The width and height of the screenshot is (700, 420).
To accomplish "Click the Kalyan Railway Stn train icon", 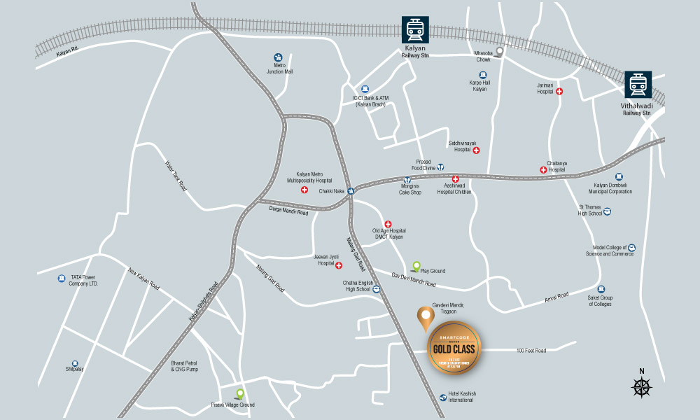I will (x=414, y=31).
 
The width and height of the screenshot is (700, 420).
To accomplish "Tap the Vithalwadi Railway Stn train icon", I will (x=638, y=85).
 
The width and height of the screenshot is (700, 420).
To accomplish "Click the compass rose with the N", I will (x=641, y=386).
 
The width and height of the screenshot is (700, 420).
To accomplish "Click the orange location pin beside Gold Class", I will (x=424, y=318).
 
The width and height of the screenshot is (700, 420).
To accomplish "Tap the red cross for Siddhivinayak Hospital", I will (x=477, y=150).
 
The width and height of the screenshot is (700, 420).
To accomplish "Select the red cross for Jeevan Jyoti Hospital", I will (x=339, y=266).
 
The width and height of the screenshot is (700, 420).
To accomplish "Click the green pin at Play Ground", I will (x=416, y=266).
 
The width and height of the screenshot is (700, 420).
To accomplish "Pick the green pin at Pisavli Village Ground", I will (x=239, y=395).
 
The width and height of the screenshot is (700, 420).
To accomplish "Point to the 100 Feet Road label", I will (x=531, y=350).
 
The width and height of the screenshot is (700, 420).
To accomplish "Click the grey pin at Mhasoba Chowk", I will (x=500, y=52).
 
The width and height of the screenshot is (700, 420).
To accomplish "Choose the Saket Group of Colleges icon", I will (x=600, y=289).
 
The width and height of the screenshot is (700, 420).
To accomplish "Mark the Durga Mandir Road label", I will (x=288, y=211).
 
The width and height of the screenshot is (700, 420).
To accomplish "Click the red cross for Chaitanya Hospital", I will (x=543, y=169).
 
